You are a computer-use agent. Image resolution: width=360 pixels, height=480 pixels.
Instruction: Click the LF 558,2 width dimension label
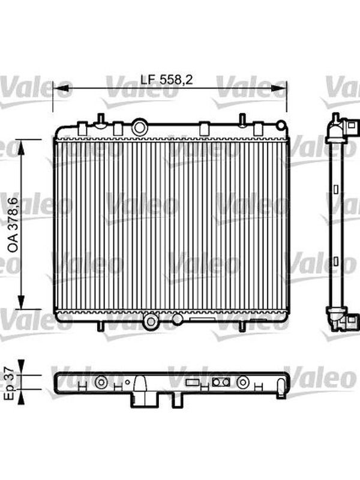[167, 80]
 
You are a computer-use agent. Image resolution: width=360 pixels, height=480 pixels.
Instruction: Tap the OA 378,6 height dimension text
[14, 225]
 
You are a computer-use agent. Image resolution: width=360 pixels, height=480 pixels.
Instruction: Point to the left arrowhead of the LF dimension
[61, 88]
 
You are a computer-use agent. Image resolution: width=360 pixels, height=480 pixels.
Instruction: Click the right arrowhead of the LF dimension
[279, 88]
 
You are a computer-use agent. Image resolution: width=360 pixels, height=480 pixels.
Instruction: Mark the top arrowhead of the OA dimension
[21, 147]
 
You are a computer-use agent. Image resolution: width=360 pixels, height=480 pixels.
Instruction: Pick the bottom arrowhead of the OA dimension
[21, 302]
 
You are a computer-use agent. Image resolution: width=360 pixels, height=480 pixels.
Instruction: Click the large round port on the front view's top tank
[140, 127]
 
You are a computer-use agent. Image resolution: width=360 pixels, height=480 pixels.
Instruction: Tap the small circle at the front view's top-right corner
[280, 125]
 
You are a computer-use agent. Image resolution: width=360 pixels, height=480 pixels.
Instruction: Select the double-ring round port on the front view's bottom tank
[151, 322]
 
